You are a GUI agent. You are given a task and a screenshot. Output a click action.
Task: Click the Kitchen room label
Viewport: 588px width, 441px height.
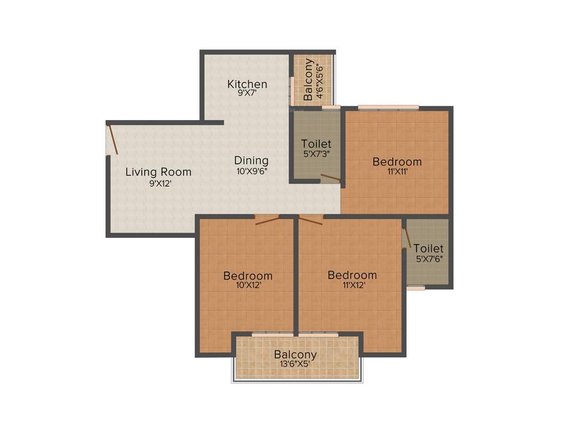(x=247, y=84)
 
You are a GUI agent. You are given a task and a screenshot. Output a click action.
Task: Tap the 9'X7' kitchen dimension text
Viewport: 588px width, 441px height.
(x=247, y=94)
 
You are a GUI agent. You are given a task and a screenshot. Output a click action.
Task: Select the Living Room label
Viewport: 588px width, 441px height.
(x=158, y=172)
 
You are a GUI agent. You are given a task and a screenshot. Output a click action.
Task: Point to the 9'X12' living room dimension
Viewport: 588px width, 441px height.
(x=160, y=183)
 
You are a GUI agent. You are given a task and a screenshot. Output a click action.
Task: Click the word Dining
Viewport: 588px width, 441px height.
(x=251, y=160)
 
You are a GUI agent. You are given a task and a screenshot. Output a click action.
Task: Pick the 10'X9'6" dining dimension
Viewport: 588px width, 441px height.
(x=251, y=171)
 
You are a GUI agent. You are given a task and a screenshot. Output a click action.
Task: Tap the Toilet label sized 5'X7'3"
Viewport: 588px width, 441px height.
(x=316, y=144)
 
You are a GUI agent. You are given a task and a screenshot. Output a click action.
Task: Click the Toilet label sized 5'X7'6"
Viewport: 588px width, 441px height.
(x=428, y=249)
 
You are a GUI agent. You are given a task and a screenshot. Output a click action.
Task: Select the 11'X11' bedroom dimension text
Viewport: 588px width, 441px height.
(x=397, y=172)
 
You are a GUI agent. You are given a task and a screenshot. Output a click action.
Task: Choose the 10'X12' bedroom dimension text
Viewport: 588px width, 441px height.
(x=248, y=285)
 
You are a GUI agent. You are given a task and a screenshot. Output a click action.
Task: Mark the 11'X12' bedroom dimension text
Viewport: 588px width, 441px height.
(x=352, y=285)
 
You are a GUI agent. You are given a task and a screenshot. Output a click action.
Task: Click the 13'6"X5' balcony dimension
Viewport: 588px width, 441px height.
(x=295, y=364)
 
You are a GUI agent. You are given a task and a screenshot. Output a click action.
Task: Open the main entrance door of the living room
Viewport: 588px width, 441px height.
(x=113, y=140)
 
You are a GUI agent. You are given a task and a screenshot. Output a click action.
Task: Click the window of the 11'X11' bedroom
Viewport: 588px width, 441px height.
(x=388, y=107)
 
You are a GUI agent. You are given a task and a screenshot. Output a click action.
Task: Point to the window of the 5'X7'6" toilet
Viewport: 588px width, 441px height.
(x=416, y=288)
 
